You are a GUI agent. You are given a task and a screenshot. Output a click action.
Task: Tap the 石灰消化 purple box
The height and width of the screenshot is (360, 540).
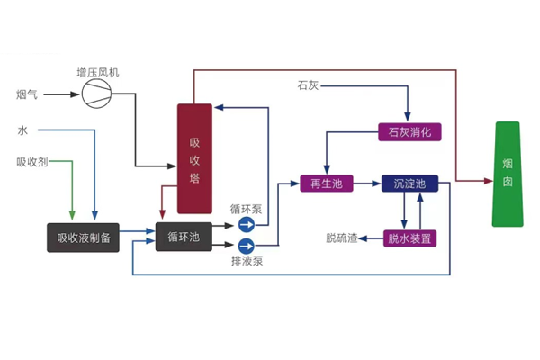click(x=409, y=132)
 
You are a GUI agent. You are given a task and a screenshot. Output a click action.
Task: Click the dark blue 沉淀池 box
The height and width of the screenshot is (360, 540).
click(x=409, y=184)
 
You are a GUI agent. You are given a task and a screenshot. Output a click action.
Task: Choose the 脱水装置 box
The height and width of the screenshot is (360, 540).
click(x=409, y=238)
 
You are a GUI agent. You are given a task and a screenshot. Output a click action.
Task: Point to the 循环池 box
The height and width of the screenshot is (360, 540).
click(x=184, y=237)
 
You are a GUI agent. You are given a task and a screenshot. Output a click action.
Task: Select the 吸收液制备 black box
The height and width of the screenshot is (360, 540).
click(x=83, y=238)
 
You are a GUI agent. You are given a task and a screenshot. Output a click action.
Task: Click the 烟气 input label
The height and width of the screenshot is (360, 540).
click(x=26, y=94)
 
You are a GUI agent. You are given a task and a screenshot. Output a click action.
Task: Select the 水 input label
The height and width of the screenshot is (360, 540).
click(x=22, y=131)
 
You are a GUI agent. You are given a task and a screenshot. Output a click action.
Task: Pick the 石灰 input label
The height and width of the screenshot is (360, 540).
click(x=308, y=86)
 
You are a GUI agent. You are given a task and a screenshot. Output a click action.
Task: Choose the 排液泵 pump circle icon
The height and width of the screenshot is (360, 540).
click(x=245, y=244)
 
